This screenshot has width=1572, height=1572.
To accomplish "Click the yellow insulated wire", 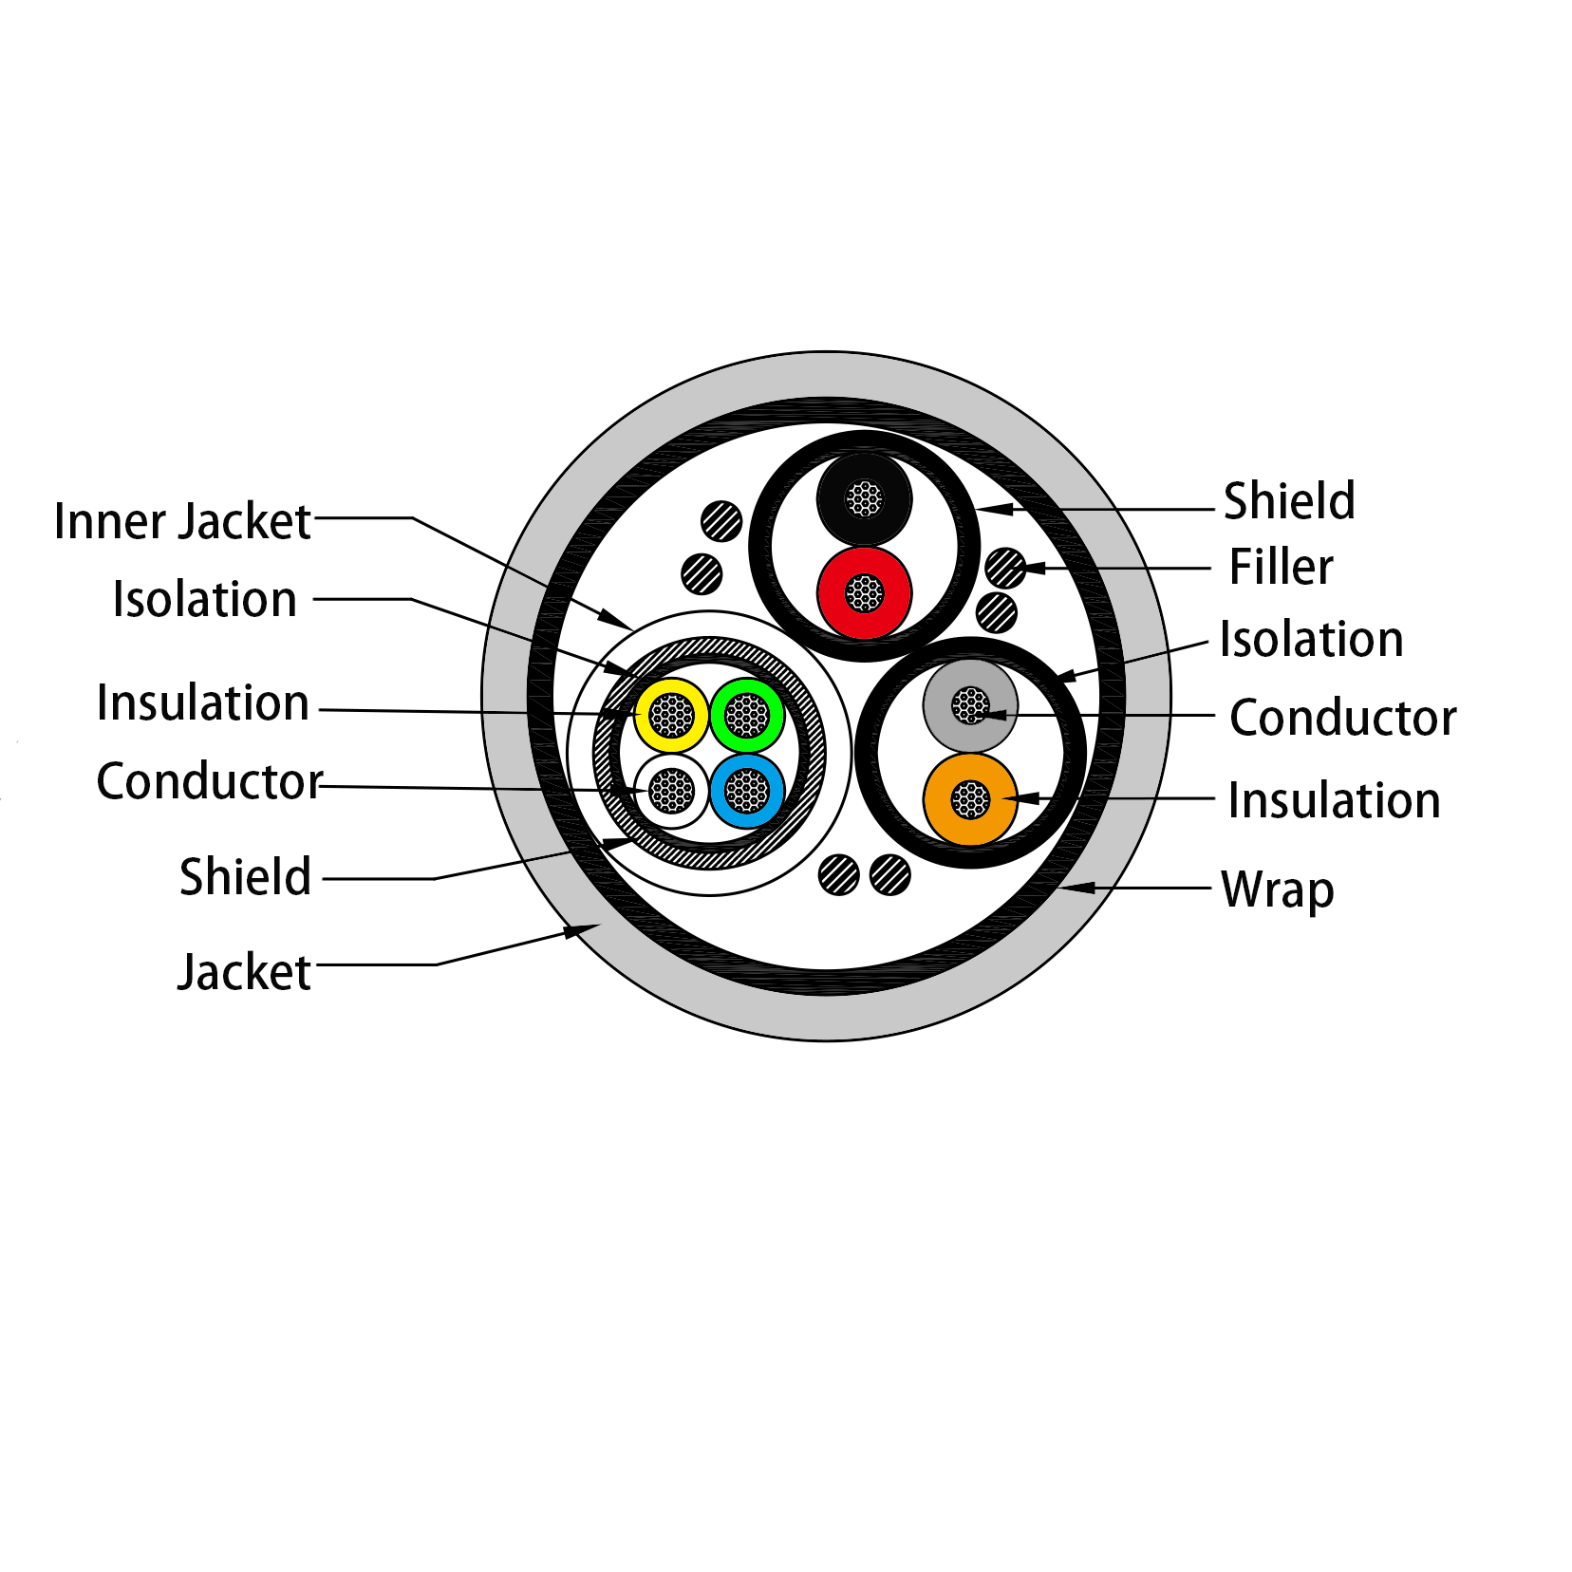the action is pos(671,715).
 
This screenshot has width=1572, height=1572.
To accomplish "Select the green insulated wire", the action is pos(746,715).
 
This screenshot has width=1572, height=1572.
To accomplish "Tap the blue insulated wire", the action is pos(746,791).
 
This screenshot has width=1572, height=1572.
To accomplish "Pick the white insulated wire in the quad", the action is pos(671,791).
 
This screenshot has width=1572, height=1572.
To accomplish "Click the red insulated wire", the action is pos(864,593).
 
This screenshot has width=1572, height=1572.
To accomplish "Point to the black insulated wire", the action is pos(864,498).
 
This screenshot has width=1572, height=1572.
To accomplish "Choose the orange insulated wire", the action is pos(970,799).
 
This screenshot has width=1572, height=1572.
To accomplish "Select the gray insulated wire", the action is pos(970,705).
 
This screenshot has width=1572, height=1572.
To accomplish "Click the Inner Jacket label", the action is pos(182,521).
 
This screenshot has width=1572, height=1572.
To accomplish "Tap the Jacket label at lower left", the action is pos(244,972).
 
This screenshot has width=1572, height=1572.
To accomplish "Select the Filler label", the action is pos(1281,567).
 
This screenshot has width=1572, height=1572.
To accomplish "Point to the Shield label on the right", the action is pos(1289,500).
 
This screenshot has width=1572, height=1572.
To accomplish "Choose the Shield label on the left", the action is pos(245,876).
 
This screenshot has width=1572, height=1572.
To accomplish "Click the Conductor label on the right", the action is pos(1342,718).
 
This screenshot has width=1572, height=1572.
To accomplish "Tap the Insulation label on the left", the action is pos(203,702).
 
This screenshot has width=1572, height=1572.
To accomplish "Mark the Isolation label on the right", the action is pos(1311,639).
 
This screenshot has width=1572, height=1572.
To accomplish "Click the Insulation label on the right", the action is pos(1334,800).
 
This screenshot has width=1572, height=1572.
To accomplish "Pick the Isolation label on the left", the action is pos(204,599).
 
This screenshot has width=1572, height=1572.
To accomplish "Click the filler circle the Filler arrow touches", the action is pos(1004,569).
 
